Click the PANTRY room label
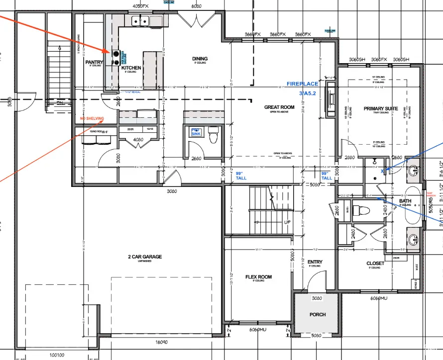point(94,62)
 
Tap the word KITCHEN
point(131,68)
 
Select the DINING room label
point(200,59)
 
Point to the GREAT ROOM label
point(279,107)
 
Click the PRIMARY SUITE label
point(381,108)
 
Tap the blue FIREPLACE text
point(302,84)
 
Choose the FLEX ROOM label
point(259,277)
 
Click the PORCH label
point(318,314)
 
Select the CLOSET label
point(375,263)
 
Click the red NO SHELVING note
point(92,119)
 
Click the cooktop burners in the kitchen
point(115,58)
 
